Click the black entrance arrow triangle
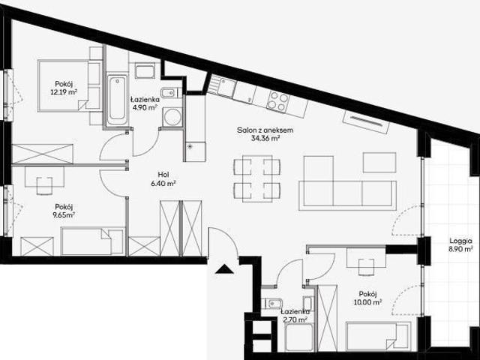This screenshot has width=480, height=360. tap(224, 269)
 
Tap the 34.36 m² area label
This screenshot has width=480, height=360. tap(265, 138)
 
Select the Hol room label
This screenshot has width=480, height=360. tap(163, 175)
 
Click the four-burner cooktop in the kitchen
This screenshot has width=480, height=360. tap(278, 101)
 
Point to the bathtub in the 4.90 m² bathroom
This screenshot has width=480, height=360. tap(117, 100)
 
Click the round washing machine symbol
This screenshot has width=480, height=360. tap(172, 117)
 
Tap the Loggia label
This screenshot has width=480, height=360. tap(460, 241)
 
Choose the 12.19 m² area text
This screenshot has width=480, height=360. tap(64, 91)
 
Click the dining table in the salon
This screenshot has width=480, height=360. tap(257, 178)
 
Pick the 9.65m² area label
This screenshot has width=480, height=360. tap(64, 215)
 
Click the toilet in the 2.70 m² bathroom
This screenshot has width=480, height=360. tap(271, 303)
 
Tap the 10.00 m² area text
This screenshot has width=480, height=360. tap(367, 302)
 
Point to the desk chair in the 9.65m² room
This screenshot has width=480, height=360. tap(44, 185)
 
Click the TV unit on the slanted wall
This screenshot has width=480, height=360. tap(366, 121)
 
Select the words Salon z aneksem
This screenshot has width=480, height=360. tap(265, 130)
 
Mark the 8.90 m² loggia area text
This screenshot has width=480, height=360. tap(461, 249)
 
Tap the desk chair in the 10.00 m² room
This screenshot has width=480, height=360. tap(366, 267)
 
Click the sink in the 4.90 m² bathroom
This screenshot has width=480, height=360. tap(145, 71)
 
